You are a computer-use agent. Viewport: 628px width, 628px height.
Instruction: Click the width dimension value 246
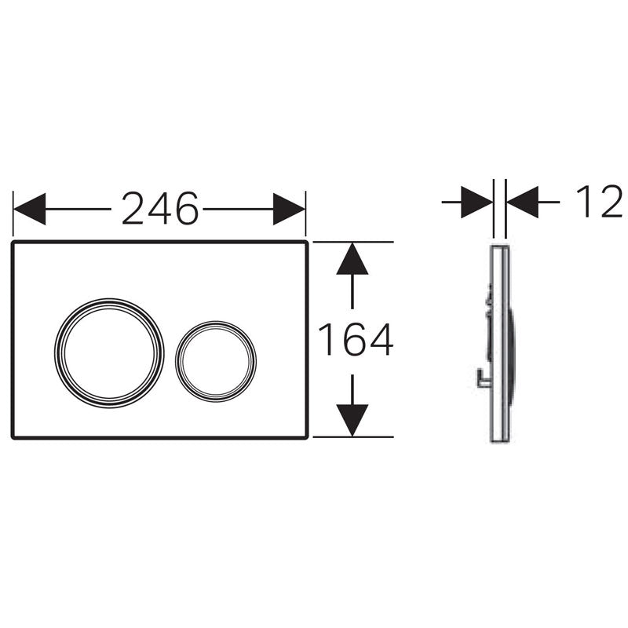159,208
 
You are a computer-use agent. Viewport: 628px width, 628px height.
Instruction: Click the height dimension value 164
355,339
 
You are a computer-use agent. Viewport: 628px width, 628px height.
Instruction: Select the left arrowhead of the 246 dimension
30,209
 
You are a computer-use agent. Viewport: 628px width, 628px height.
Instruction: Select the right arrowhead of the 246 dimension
289,209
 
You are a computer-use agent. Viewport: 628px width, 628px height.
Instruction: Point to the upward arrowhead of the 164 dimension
352,258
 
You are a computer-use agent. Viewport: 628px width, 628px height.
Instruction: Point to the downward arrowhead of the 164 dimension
352,420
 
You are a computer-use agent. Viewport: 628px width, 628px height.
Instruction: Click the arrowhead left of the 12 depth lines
476,202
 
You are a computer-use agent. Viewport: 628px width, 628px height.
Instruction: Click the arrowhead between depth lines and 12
522,202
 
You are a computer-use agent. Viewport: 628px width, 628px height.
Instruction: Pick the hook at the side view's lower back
480,382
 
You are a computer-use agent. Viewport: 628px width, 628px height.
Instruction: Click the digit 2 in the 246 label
134,208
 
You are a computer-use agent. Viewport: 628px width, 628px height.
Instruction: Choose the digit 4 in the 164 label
378,339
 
